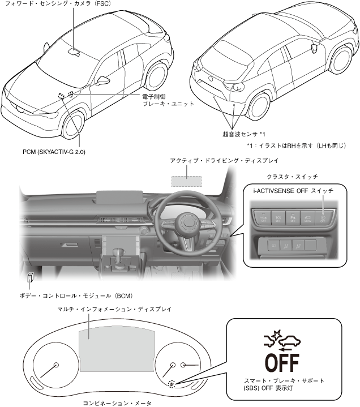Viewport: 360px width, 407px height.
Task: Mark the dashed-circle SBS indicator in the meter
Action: coord(172,383)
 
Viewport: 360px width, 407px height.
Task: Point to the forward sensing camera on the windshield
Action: coord(74,52)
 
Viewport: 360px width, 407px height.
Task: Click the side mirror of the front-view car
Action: coord(102,79)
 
